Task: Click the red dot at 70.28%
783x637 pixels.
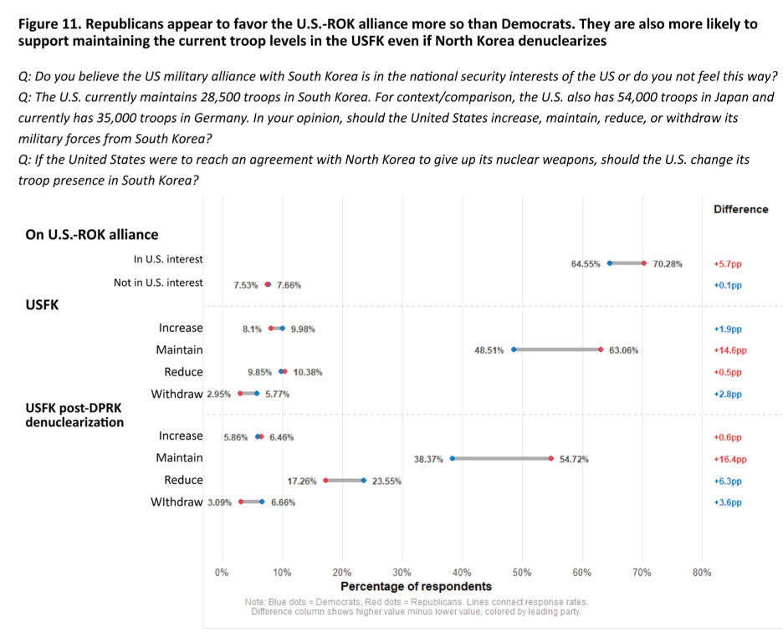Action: pyautogui.click(x=643, y=263)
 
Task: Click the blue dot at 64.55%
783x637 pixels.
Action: pyautogui.click(x=609, y=263)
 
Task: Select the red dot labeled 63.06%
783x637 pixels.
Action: pyautogui.click(x=601, y=350)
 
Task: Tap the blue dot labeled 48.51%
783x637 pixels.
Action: pyautogui.click(x=514, y=350)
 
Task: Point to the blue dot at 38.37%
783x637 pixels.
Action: pyautogui.click(x=453, y=458)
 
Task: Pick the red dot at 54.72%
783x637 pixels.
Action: pyautogui.click(x=550, y=458)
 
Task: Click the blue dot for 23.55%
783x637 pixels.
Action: pyautogui.click(x=363, y=481)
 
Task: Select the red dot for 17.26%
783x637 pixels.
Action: pyautogui.click(x=325, y=481)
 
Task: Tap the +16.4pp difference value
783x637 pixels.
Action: pyautogui.click(x=729, y=459)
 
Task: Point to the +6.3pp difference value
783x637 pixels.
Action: pyautogui.click(x=727, y=482)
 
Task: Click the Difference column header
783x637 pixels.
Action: pyautogui.click(x=740, y=209)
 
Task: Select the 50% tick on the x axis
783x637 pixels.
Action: pyautogui.click(x=522, y=573)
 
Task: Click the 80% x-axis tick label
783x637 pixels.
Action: pyautogui.click(x=702, y=573)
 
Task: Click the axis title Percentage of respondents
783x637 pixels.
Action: pyautogui.click(x=416, y=587)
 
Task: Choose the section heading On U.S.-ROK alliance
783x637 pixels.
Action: pyautogui.click(x=92, y=235)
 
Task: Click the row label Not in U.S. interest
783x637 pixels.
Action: pyautogui.click(x=158, y=283)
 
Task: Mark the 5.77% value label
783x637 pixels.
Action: pyautogui.click(x=277, y=395)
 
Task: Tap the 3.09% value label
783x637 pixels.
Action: pyautogui.click(x=219, y=502)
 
